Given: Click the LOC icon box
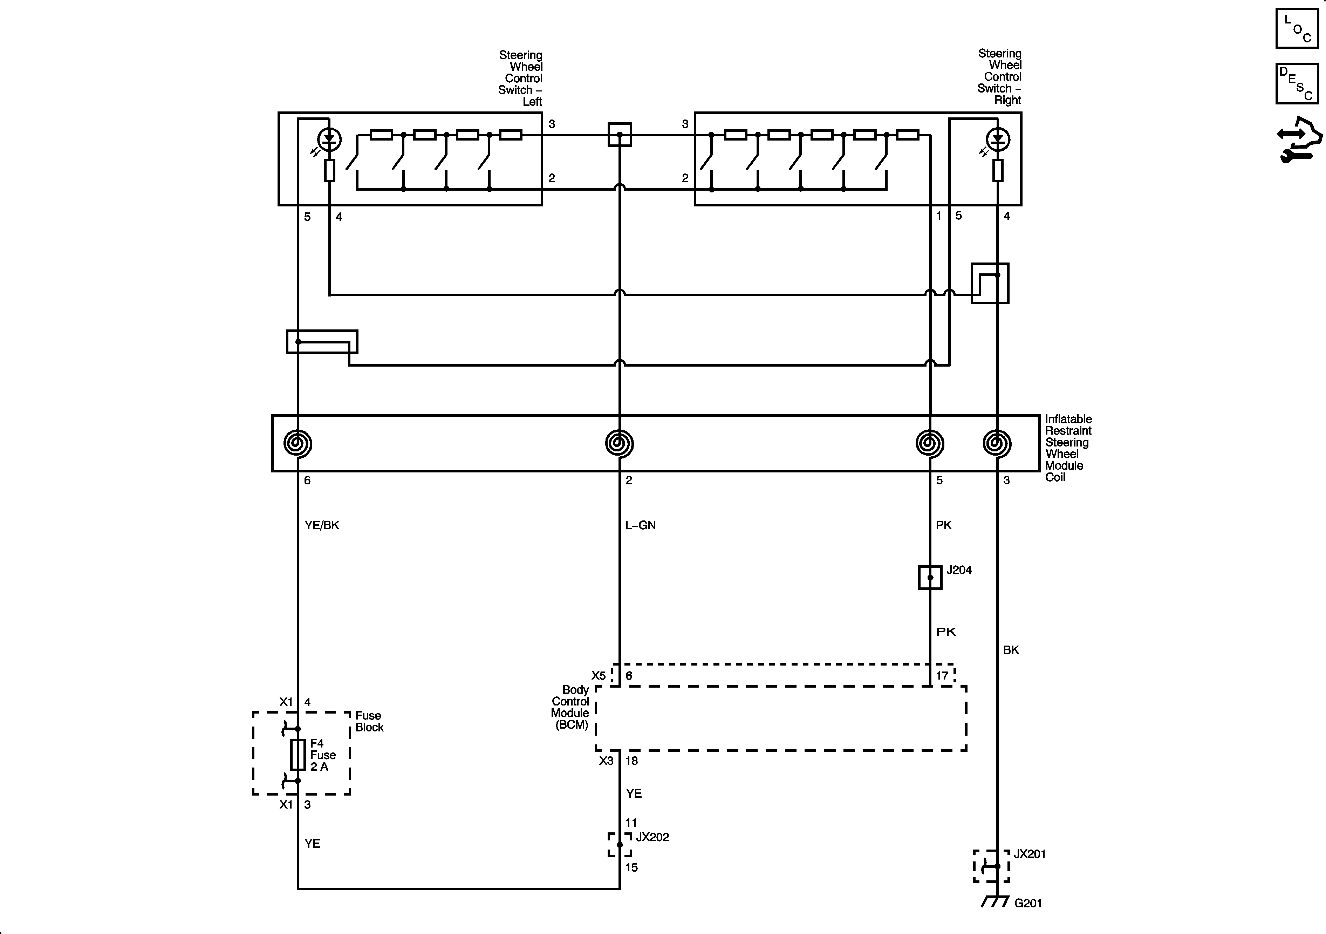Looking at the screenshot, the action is pos(1297,28).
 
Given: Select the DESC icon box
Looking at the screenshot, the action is pos(1297,84).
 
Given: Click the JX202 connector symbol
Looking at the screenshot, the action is pos(620,845).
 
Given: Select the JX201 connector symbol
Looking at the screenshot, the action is pos(992,866).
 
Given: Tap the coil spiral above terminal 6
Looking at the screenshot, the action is pos(298,444).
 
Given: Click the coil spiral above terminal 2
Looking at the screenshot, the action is pos(620,444).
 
